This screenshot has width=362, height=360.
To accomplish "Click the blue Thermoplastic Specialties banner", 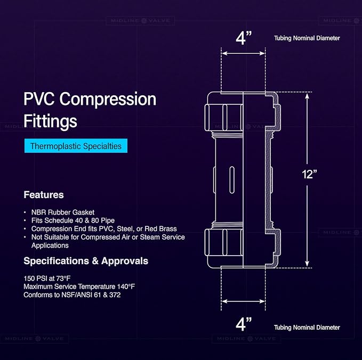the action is click(x=76, y=146).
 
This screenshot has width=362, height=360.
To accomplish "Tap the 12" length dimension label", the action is click(x=309, y=174).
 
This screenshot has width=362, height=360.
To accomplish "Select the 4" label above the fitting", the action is click(x=244, y=38).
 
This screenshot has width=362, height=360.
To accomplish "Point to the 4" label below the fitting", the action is click(x=244, y=324).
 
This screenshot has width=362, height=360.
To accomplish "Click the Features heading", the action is click(x=44, y=195).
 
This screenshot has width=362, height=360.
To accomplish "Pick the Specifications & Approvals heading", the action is click(x=86, y=261).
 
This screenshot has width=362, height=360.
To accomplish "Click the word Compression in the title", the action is click(x=108, y=99).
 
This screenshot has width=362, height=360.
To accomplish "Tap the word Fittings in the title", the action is click(x=50, y=121).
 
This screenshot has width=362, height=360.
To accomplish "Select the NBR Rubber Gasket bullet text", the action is click(x=63, y=212).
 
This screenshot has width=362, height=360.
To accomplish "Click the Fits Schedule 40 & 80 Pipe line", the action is click(x=73, y=220).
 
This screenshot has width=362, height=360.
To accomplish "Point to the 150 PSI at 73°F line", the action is click(x=47, y=279).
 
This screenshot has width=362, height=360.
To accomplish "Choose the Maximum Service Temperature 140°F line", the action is click(x=79, y=287).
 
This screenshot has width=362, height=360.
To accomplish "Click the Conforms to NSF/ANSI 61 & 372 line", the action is click(x=72, y=295).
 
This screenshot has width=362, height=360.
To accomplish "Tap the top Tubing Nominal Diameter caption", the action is click(x=307, y=38).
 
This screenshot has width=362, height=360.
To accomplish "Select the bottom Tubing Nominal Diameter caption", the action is click(x=307, y=328).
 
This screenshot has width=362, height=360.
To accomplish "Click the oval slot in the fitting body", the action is click(x=232, y=180).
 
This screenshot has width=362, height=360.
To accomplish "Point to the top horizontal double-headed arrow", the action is click(x=243, y=53).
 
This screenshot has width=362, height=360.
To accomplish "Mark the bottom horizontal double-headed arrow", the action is click(x=243, y=301).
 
